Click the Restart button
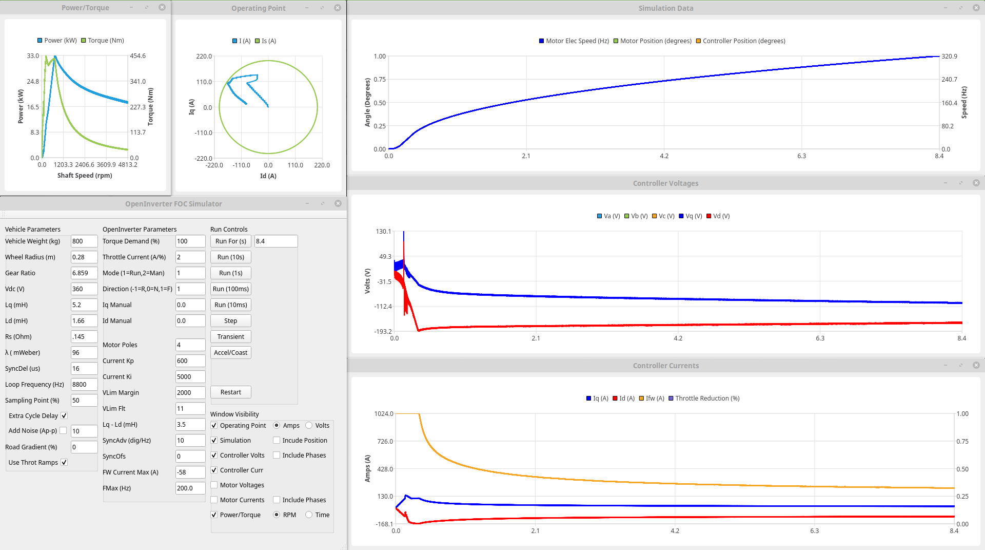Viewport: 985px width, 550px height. coord(230,392)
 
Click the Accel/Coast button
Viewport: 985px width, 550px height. coord(230,353)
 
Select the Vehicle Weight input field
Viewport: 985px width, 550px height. coord(84,241)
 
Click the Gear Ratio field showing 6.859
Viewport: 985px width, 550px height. coord(84,273)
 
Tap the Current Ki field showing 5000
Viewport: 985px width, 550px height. coord(190,377)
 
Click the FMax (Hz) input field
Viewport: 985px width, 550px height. coord(190,488)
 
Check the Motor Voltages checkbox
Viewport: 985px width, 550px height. coord(214,485)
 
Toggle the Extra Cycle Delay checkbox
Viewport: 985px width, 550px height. coord(64,416)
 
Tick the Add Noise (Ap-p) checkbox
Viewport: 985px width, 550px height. coord(63,431)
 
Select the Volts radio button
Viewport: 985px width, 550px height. coord(309,426)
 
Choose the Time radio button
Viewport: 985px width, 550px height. coord(309,515)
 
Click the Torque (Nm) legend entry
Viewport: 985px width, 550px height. coord(103,41)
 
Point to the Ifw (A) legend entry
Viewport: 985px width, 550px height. coord(652,399)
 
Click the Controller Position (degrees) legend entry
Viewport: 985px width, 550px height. coord(740,41)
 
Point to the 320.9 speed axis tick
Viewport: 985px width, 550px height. coord(949,56)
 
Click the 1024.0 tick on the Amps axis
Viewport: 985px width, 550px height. coord(384,414)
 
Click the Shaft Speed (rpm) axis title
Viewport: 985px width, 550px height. coord(85,176)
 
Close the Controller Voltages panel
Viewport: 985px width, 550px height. coord(976,183)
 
